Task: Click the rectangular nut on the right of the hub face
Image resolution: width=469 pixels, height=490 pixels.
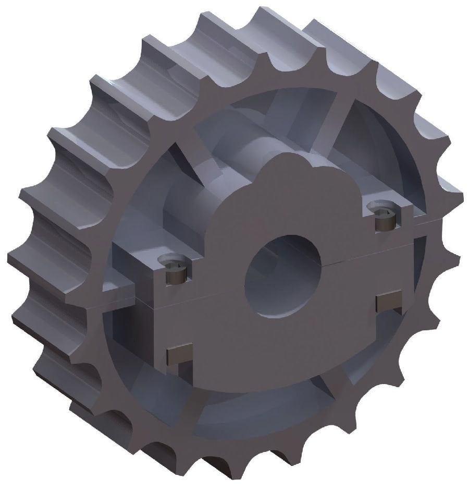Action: click(389, 301)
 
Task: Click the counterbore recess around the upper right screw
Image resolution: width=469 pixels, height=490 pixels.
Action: click(383, 209)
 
